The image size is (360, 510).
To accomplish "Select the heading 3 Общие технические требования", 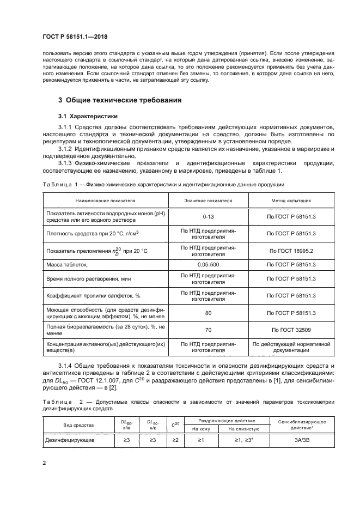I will pyautogui.click(x=120, y=100).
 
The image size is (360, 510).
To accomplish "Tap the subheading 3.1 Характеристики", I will pyautogui.click(x=87, y=116).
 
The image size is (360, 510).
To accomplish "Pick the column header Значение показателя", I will pyautogui.click(x=208, y=201).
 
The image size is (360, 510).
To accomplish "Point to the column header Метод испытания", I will pyautogui.click(x=292, y=201).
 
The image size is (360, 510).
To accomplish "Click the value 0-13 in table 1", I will pyautogui.click(x=208, y=216).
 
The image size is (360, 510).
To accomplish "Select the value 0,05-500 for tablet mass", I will pyautogui.click(x=208, y=264).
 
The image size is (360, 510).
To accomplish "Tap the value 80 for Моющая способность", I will pyautogui.click(x=208, y=313).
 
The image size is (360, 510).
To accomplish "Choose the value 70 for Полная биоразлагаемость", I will pyautogui.click(x=208, y=330).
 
